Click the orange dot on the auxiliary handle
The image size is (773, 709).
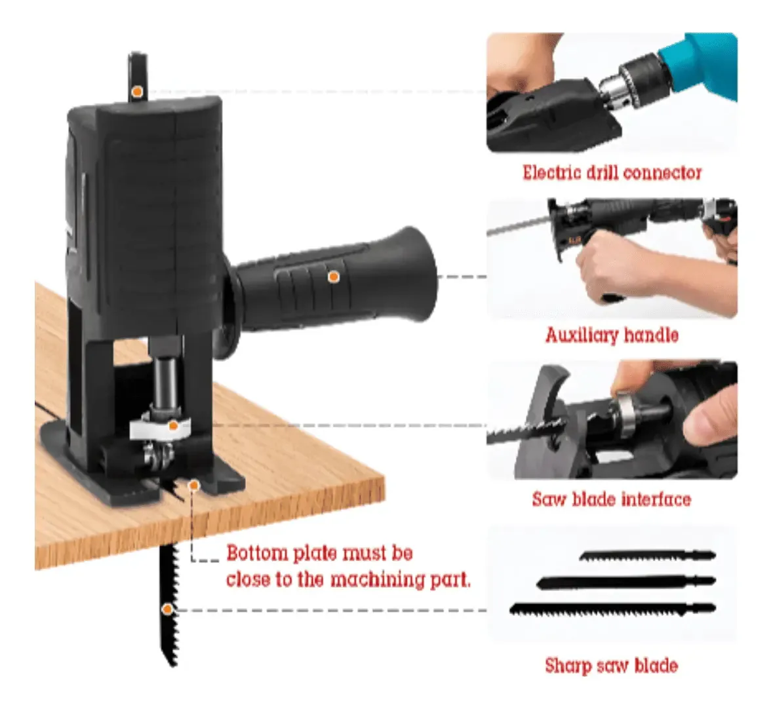[334, 277]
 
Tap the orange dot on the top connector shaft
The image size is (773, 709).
[138, 91]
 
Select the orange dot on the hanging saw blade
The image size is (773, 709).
[168, 609]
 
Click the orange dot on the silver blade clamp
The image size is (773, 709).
[172, 426]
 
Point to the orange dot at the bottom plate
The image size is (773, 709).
[194, 486]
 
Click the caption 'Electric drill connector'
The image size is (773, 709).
[612, 173]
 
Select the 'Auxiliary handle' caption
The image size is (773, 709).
[612, 335]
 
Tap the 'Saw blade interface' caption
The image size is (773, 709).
[611, 499]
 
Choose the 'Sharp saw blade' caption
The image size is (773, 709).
[611, 665]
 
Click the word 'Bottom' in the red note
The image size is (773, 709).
[257, 553]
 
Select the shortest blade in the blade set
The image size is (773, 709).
[647, 556]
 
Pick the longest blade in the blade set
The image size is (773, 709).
[612, 609]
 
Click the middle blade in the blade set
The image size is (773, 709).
[626, 582]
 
